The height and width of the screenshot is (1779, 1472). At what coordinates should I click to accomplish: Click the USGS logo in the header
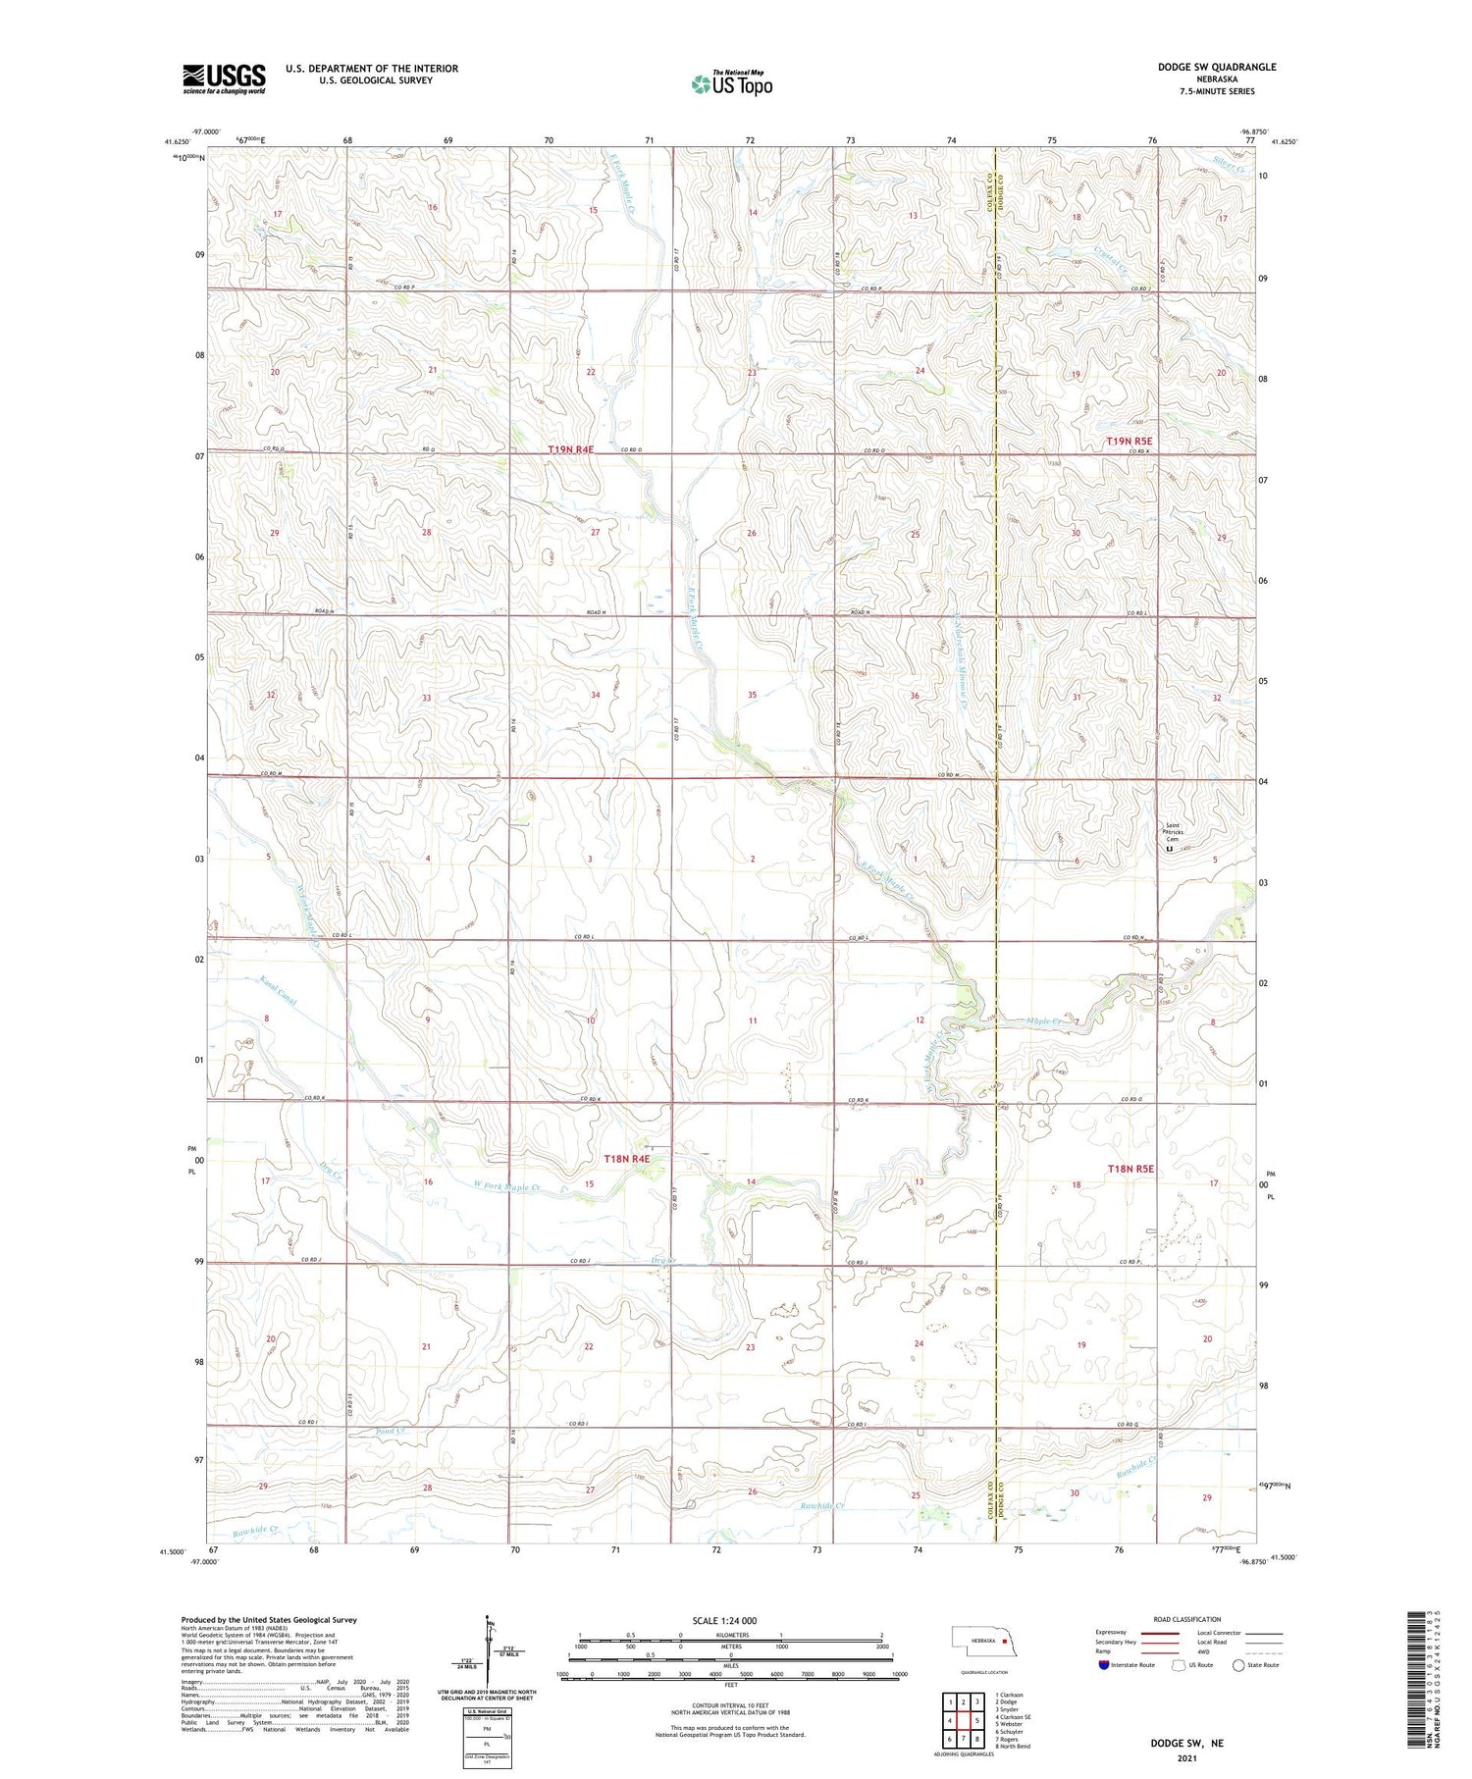[224, 78]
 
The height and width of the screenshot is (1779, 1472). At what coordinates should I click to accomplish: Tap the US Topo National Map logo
[732, 83]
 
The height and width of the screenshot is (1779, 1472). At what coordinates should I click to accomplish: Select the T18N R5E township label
[1130, 1169]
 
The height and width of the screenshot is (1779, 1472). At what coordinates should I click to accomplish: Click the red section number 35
[752, 695]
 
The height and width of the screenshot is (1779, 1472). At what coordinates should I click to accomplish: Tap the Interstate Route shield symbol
[1104, 1665]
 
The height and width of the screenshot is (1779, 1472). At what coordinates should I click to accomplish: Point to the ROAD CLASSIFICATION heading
[1187, 1619]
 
